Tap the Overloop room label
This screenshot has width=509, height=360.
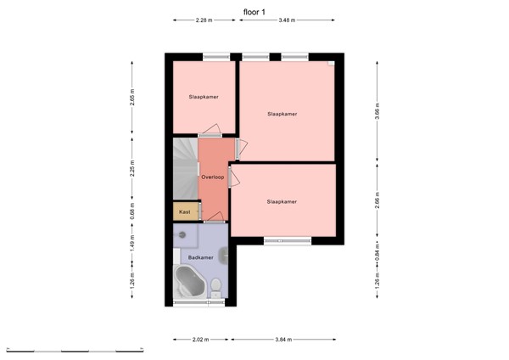pos(212,177)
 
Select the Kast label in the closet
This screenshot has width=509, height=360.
pos(184,211)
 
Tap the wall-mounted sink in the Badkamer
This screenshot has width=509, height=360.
pos(222,254)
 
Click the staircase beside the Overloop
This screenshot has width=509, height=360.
pos(184,170)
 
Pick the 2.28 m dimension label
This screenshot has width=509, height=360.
pos(204,20)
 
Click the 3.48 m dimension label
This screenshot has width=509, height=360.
pos(286,20)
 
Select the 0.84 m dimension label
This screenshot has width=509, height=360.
pos(378,251)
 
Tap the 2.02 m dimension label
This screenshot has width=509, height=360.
pos(201,339)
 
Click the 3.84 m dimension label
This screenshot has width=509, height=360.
pos(283,339)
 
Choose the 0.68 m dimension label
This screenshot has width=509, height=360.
pos(131,211)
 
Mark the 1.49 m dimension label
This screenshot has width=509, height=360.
pos(131,244)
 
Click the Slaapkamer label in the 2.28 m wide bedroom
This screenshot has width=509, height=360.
pos(204,98)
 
